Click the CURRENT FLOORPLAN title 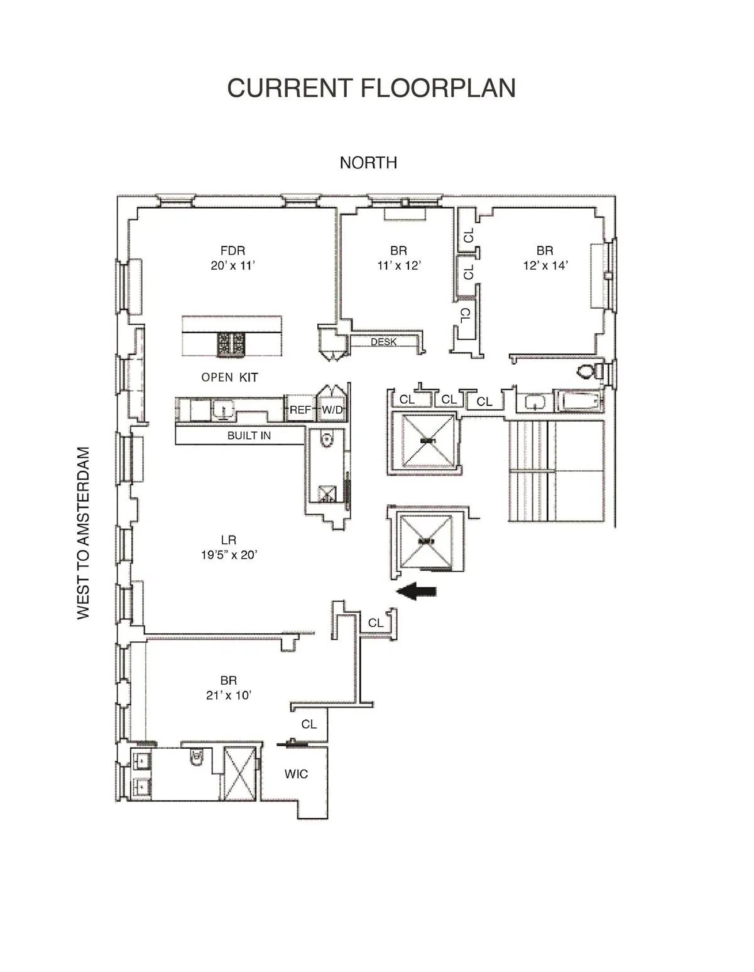pyautogui.click(x=371, y=88)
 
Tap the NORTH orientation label pyautogui.click(x=368, y=163)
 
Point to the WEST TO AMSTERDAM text pyautogui.click(x=84, y=533)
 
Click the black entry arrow pyautogui.click(x=417, y=591)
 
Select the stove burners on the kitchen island pyautogui.click(x=231, y=345)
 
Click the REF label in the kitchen pyautogui.click(x=300, y=410)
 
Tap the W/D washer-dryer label pyautogui.click(x=332, y=410)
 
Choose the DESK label pyautogui.click(x=383, y=342)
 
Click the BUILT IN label pyautogui.click(x=249, y=435)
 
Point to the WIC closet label pyautogui.click(x=296, y=774)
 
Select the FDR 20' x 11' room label pyautogui.click(x=232, y=258)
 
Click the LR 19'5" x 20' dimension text pyautogui.click(x=229, y=555)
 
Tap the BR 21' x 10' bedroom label pyautogui.click(x=229, y=688)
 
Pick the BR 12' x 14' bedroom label pyautogui.click(x=545, y=258)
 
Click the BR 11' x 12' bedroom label pyautogui.click(x=398, y=258)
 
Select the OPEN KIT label pyautogui.click(x=229, y=377)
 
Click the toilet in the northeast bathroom pyautogui.click(x=588, y=371)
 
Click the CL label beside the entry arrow pyautogui.click(x=376, y=623)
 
